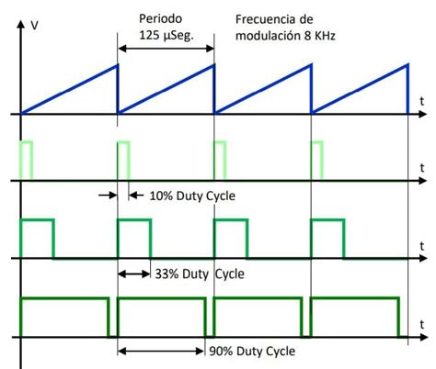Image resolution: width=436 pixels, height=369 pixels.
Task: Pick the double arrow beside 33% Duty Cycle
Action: [134, 273]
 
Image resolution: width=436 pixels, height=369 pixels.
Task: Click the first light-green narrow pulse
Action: [28, 161]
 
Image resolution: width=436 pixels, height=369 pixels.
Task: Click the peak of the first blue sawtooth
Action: [117, 64]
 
